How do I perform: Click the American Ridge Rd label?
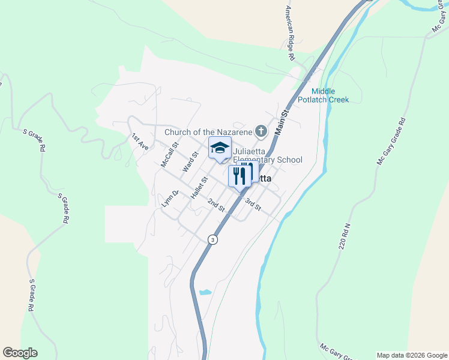289,33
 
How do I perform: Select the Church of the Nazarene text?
208,131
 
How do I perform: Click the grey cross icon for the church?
261,130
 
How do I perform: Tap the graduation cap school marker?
220,148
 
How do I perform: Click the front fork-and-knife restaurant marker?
238,175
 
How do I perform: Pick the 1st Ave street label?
140,142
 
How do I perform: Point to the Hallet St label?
199,188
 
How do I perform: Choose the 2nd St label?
216,205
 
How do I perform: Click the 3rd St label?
252,204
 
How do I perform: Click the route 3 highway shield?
212,239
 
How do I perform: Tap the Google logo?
20,353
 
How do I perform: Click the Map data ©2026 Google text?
411,355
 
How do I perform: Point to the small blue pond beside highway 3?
205,292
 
